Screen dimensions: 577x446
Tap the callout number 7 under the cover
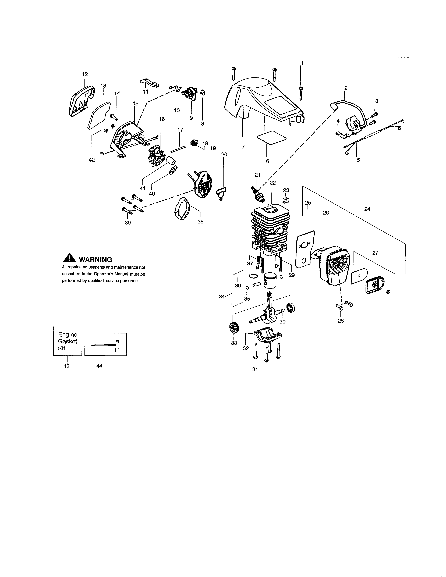point(243,147)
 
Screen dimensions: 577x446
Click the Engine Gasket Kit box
point(68,341)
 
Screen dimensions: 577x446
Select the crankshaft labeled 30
point(267,312)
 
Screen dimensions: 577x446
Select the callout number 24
point(367,209)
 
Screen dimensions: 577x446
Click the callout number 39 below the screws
point(128,223)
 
